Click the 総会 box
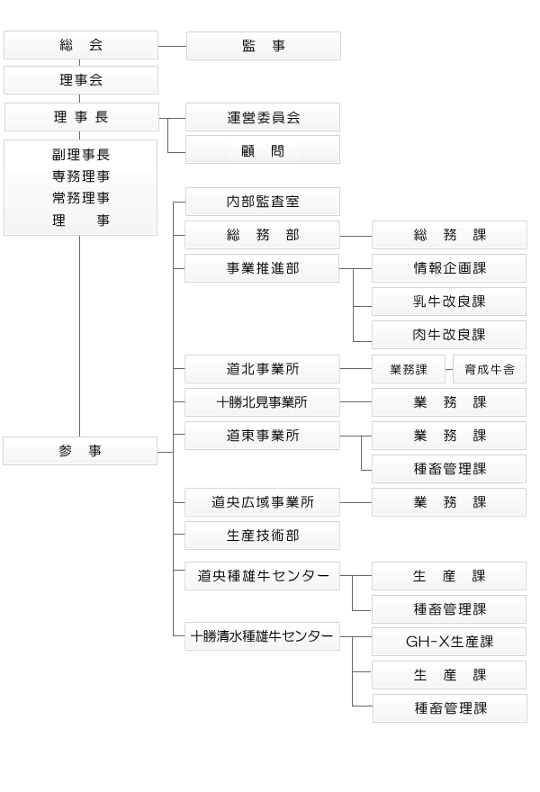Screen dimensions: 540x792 pos(81,45)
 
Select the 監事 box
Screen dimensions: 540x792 pos(264,46)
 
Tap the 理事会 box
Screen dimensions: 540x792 pos(81,80)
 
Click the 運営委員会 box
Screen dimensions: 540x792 pos(263,117)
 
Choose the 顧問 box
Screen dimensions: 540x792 pos(263,149)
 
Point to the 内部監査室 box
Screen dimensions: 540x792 pos(263,202)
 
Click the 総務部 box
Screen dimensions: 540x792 pos(262,235)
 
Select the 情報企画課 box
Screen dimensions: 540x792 pos(449,268)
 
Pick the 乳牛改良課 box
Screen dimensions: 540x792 pos(449,301)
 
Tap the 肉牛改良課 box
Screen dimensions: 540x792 pos(449,335)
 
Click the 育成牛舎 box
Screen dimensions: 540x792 pos(490,369)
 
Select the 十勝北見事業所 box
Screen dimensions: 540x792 pos(262,402)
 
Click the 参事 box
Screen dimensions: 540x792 pos(80,451)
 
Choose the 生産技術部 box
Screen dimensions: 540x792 pos(262,535)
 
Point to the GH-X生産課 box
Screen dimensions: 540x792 pos(449,642)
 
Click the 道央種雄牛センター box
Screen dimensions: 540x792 pos(262,576)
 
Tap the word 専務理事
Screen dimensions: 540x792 pos(81,176)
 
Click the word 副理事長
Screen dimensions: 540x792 pos(81,155)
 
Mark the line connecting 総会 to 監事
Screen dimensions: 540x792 pos(172,46)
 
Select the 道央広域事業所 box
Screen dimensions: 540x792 pos(262,502)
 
